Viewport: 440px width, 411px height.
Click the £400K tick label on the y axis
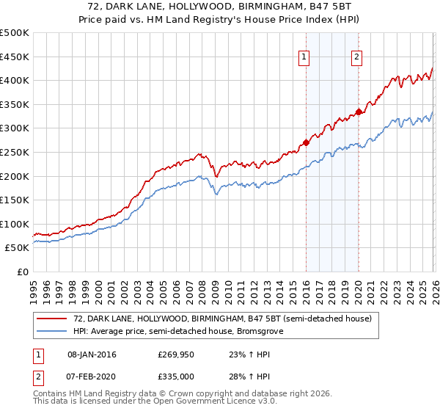click(15, 81)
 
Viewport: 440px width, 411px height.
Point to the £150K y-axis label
click(15, 200)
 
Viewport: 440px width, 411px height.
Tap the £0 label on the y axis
click(22, 272)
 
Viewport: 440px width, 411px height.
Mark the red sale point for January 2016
click(306, 143)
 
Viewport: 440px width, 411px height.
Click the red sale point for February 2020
click(359, 112)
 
